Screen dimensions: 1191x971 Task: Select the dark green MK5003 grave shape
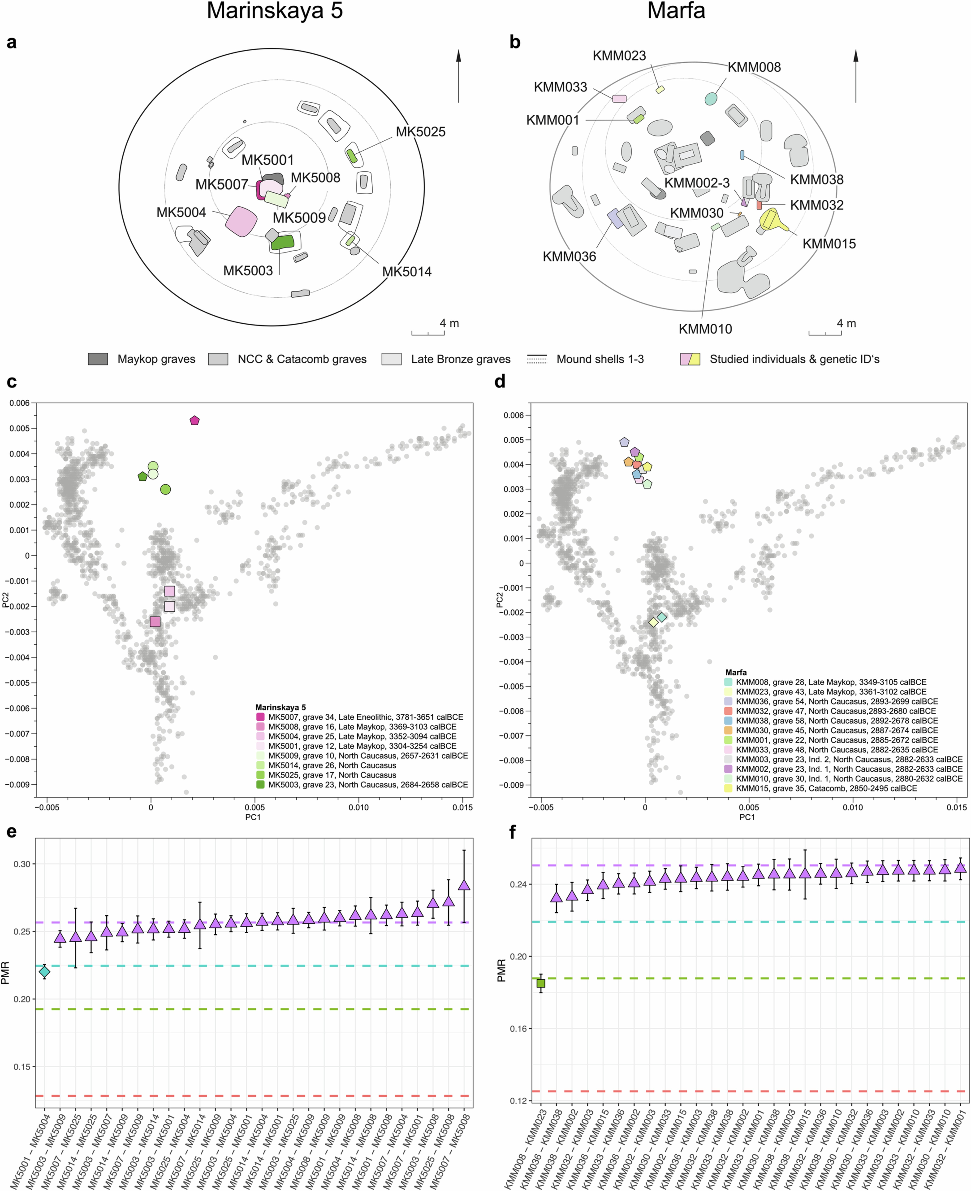point(282,242)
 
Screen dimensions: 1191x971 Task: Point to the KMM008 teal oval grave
point(710,99)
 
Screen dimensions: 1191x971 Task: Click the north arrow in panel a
point(459,76)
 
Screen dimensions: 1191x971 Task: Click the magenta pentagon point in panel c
point(195,420)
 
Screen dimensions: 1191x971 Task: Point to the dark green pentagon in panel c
point(143,476)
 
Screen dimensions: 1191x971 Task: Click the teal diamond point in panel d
point(662,617)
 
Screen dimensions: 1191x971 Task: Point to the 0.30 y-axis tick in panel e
point(22,864)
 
